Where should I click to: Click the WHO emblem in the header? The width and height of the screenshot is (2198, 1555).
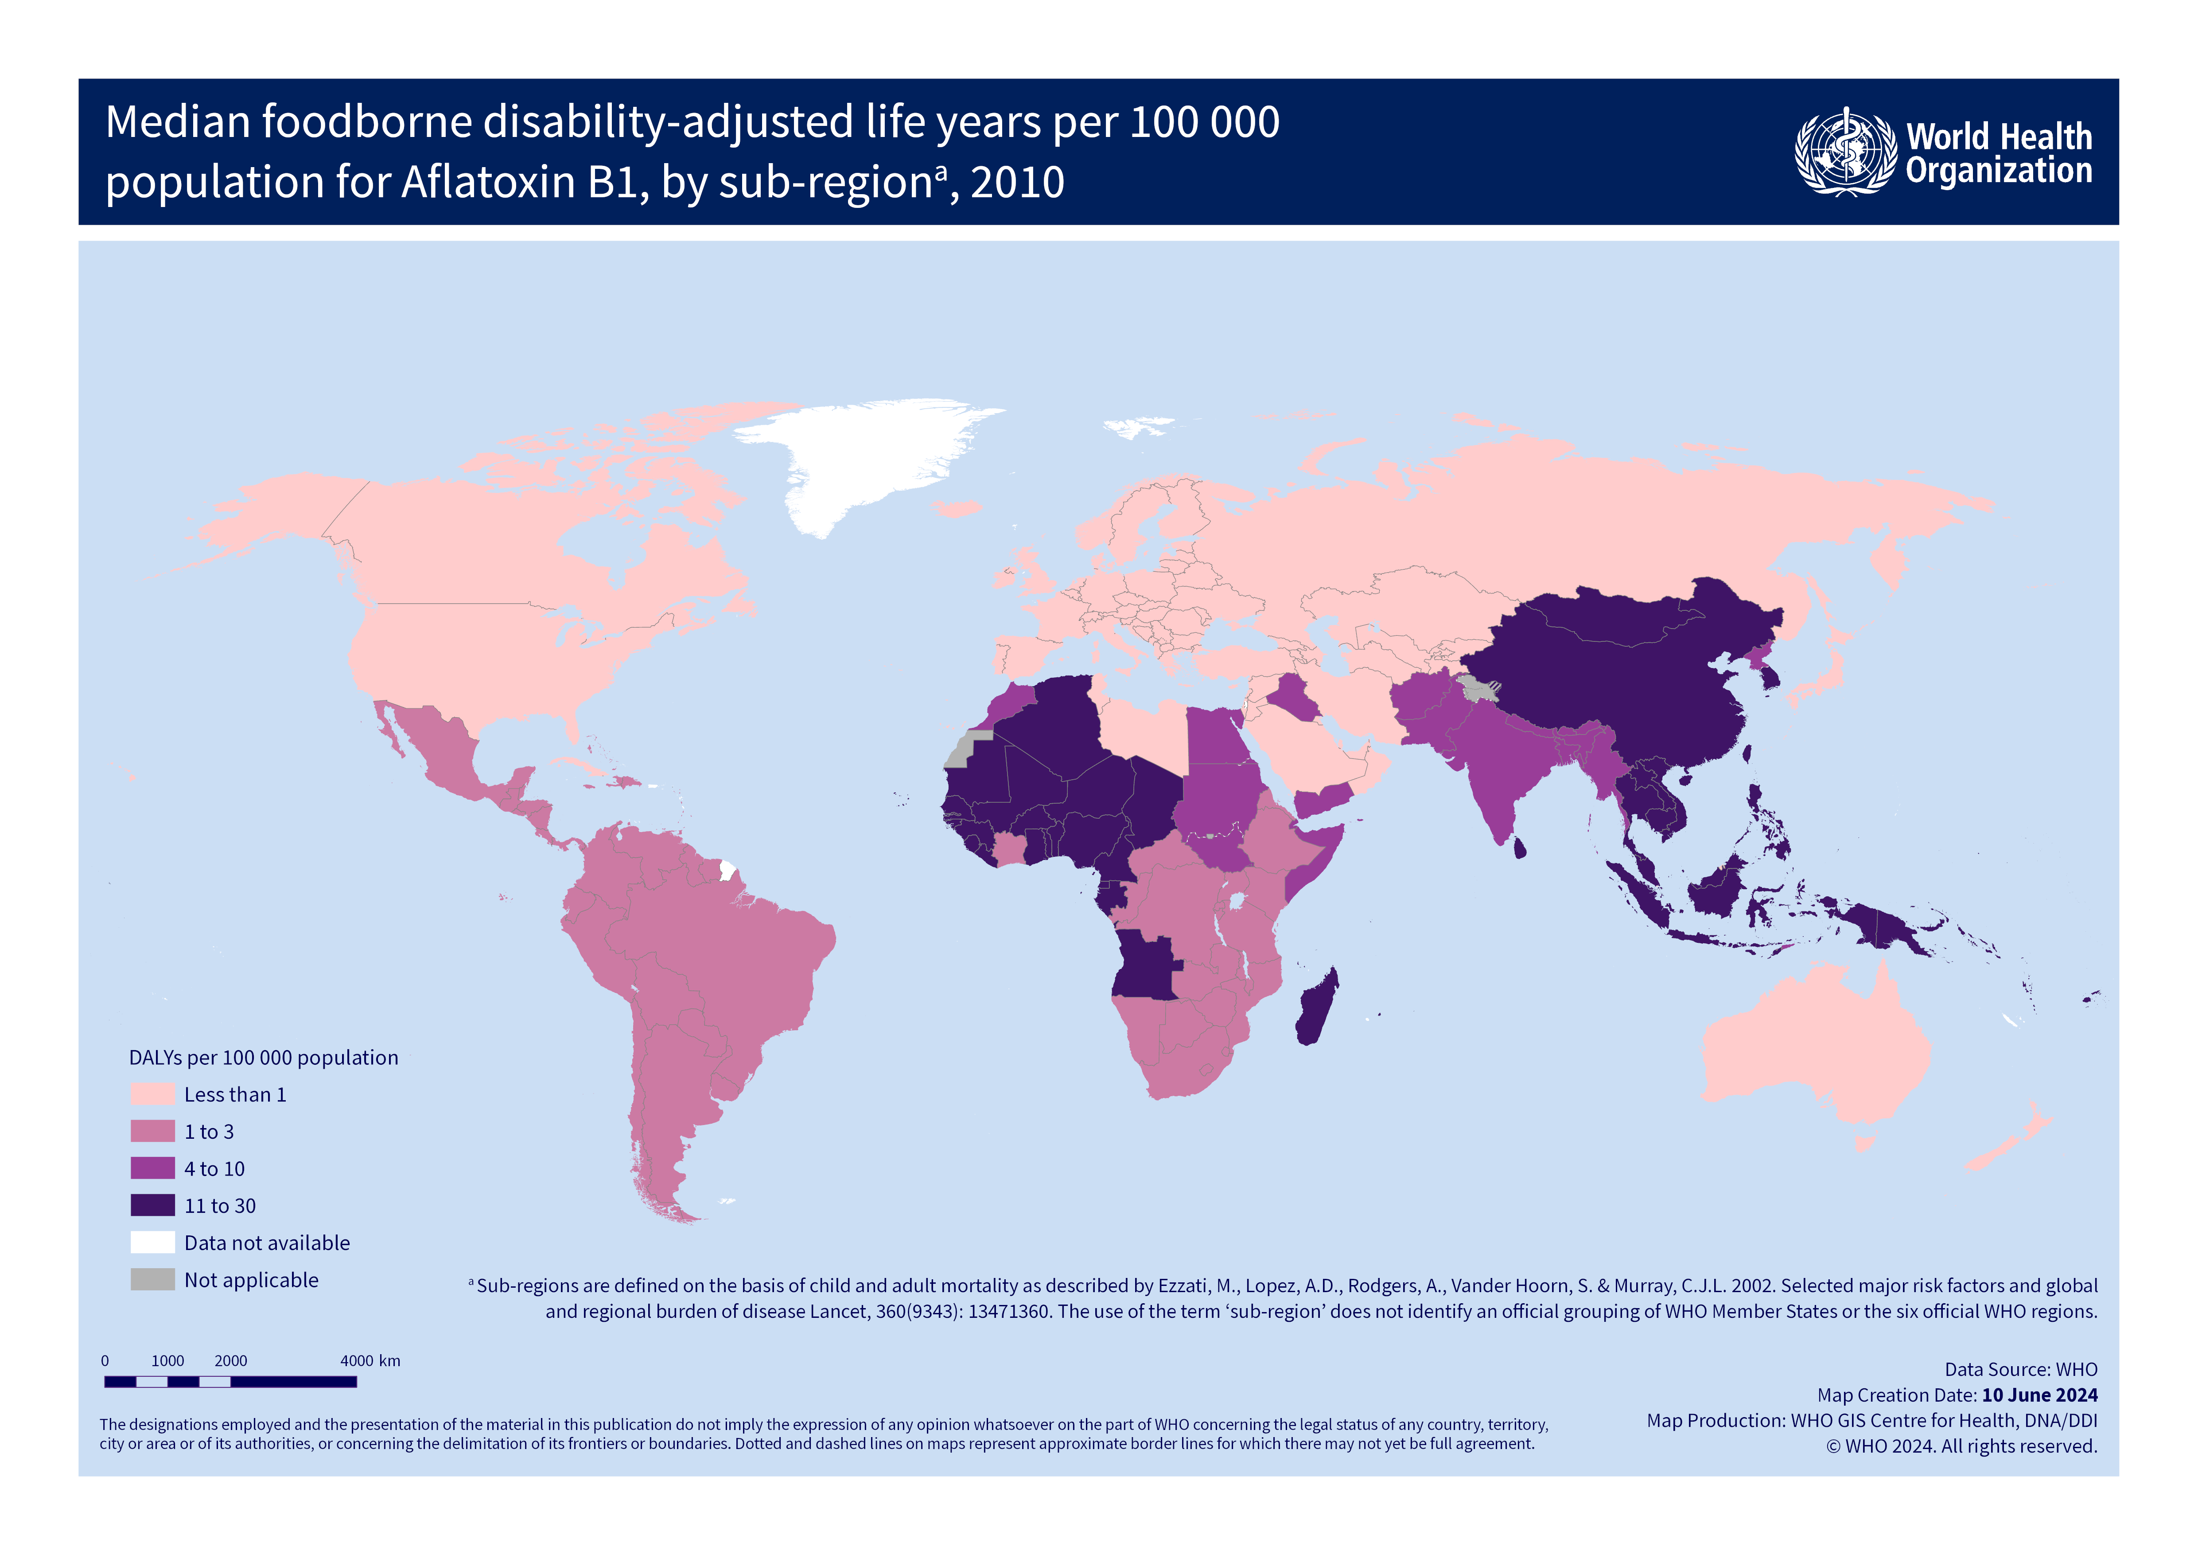point(1845,152)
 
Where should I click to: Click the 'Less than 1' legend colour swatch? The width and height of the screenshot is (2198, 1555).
point(152,1094)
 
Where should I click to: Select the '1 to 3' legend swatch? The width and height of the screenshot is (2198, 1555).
point(152,1132)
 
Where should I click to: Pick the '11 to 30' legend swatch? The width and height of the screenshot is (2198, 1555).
point(152,1206)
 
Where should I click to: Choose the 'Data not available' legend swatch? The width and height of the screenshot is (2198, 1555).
point(152,1243)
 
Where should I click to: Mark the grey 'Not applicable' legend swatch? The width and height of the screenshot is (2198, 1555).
point(152,1280)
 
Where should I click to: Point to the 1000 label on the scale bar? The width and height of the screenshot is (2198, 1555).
point(167,1361)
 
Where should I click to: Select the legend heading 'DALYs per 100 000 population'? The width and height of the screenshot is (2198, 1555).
point(263,1057)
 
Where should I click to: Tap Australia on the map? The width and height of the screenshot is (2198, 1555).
point(1814,1048)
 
